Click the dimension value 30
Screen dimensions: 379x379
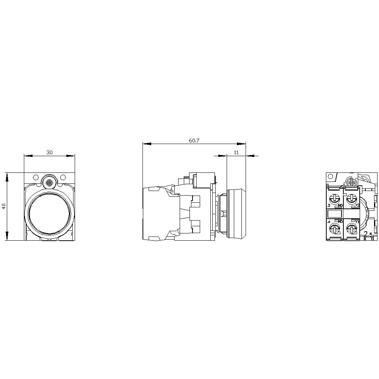pos(50,152)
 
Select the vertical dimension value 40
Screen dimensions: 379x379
pos(4,207)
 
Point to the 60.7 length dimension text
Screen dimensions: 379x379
pos(194,141)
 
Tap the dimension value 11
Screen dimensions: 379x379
pos(236,152)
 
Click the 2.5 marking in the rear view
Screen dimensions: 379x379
pos(368,235)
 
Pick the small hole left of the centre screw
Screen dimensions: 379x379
pos(36,177)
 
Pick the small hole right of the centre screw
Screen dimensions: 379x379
pos(63,177)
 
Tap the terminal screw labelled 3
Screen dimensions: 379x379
pos(335,198)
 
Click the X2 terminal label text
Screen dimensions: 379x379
pos(357,205)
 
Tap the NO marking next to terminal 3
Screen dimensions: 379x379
pos(340,205)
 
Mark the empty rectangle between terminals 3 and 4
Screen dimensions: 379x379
pos(335,213)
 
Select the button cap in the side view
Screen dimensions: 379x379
pos(236,213)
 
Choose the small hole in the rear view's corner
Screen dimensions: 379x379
pos(330,177)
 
